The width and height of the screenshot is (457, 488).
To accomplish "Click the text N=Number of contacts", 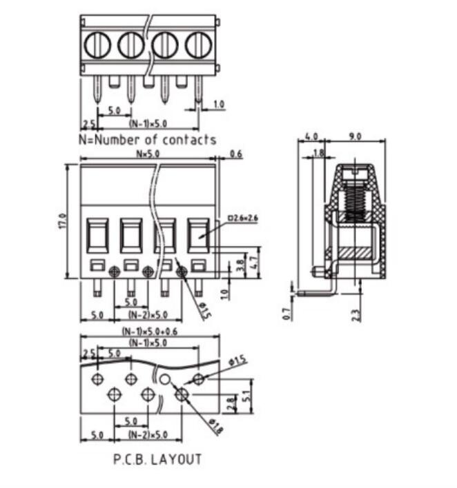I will click(x=148, y=140).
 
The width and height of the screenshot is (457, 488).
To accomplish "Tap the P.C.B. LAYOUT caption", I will click(x=157, y=459).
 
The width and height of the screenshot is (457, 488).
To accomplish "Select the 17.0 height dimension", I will click(x=63, y=221).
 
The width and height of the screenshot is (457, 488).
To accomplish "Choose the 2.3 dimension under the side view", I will click(x=355, y=314).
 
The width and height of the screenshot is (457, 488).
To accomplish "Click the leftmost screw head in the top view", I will click(x=97, y=46).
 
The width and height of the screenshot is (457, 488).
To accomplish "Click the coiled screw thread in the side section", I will click(x=355, y=196).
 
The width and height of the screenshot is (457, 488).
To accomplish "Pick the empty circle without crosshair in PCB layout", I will click(x=164, y=380).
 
